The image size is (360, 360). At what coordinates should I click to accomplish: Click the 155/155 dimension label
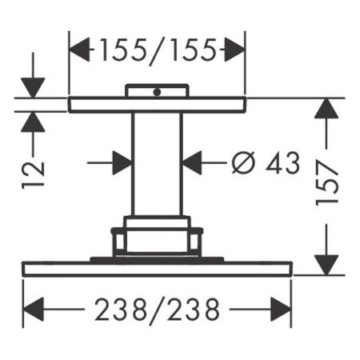[157, 51]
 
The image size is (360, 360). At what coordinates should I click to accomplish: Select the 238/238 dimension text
[157, 307]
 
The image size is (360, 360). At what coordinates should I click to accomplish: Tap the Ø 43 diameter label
[265, 163]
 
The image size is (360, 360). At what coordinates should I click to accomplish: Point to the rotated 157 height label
[327, 185]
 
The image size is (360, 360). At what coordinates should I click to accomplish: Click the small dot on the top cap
[157, 92]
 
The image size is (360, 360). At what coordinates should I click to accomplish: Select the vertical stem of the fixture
[157, 164]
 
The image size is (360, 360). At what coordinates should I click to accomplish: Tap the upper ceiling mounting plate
[157, 105]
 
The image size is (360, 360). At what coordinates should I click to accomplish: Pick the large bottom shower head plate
[157, 270]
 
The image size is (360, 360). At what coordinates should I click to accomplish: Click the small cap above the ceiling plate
[157, 90]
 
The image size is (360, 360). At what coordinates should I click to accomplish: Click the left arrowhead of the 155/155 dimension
[79, 51]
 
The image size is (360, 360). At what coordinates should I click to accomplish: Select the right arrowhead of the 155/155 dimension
[234, 51]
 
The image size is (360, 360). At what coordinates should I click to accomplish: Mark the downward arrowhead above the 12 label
[34, 87]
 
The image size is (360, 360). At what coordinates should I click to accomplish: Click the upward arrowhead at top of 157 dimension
[327, 110]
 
